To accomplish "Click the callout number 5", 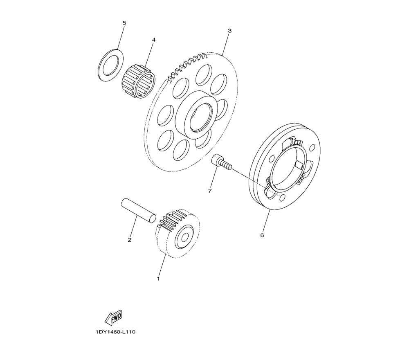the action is pos(124,23).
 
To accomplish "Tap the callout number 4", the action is pos(154,40).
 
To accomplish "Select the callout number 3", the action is pos(229,31).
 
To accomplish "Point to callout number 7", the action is pos(210,191).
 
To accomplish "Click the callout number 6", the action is pos(262,235).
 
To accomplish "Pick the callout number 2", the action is pos(130,240).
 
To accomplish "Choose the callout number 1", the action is pos(158,279).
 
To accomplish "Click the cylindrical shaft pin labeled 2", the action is pos(139,211).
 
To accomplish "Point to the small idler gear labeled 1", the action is pos(178,234).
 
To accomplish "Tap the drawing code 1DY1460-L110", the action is pos(115,332).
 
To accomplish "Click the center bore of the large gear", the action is pos(200,117).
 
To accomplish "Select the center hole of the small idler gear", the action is pos(185,237).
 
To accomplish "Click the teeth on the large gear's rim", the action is pos(187,67).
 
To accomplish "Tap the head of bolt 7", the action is pos(216,160).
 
